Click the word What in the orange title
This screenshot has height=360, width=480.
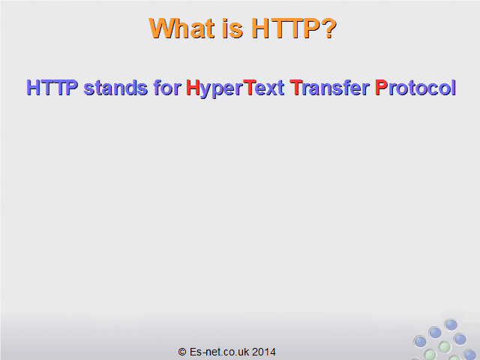(181, 28)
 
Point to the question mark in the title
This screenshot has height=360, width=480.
(329, 28)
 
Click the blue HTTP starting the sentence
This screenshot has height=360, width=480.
(52, 88)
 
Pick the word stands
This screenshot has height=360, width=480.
(115, 88)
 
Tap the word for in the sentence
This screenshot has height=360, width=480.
(167, 88)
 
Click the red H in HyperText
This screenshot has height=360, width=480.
(193, 88)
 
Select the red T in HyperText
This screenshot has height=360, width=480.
(250, 88)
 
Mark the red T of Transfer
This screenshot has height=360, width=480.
(296, 88)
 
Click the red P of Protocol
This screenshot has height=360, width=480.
(382, 88)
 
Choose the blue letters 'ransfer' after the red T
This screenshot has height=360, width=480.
(336, 88)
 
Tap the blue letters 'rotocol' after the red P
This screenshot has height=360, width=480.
(421, 88)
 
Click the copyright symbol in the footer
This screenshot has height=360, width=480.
(182, 352)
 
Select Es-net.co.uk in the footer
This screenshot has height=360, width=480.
(219, 352)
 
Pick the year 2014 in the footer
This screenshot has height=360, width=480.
(264, 352)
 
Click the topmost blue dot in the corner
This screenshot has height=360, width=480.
(451, 325)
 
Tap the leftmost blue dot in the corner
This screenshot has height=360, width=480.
(420, 341)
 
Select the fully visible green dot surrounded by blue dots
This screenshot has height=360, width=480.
(444, 347)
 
